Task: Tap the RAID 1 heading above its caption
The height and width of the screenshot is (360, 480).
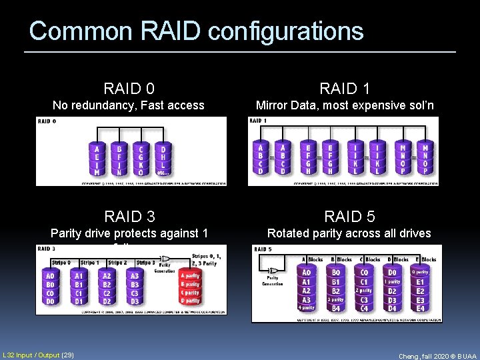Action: [x=345, y=88]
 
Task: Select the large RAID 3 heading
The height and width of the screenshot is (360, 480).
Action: [x=129, y=216]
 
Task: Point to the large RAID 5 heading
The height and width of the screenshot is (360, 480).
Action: [x=349, y=216]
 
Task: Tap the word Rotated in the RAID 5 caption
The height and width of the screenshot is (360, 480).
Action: [x=290, y=233]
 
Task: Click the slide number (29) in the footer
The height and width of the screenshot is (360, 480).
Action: [x=67, y=353]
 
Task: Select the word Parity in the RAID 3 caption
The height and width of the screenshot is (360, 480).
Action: [x=68, y=233]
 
